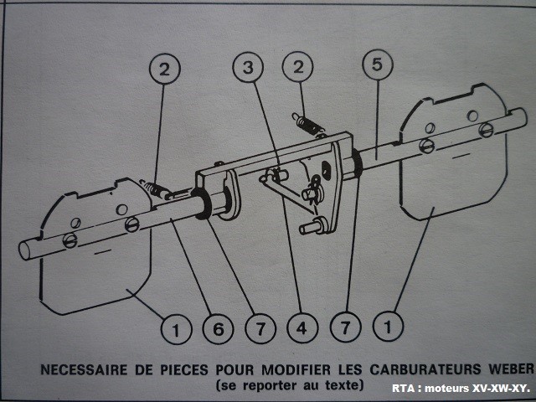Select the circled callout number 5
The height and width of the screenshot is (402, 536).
click(376, 64)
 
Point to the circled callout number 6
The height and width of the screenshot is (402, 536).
click(218, 330)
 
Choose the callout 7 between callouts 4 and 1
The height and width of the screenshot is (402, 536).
click(343, 330)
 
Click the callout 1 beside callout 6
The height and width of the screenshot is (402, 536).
click(175, 330)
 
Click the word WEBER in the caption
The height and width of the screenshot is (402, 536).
click(507, 369)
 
